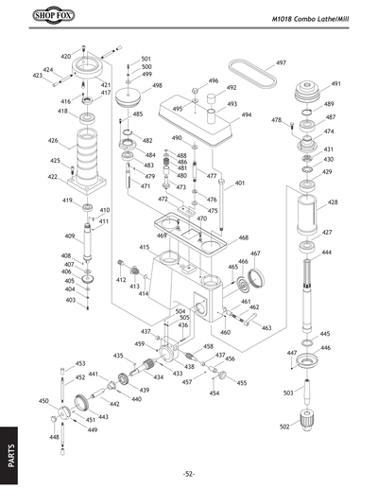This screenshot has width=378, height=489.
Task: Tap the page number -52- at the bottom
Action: pyautogui.click(x=189, y=473)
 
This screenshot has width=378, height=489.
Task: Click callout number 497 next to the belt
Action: pyautogui.click(x=281, y=62)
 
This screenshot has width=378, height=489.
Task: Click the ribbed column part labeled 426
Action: pyautogui.click(x=88, y=151)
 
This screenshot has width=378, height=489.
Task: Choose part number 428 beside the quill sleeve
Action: pyautogui.click(x=333, y=203)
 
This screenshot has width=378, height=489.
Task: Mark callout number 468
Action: pyautogui.click(x=244, y=238)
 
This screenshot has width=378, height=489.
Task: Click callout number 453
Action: pyautogui.click(x=80, y=363)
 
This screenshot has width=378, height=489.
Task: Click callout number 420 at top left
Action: pyautogui.click(x=65, y=57)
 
